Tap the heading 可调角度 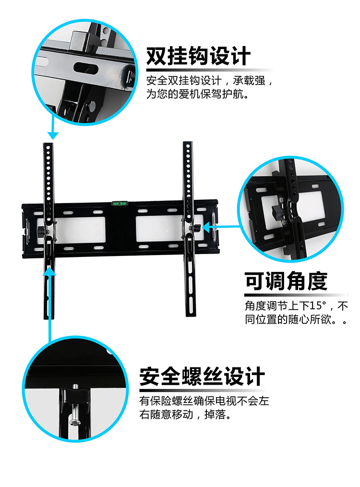click(x=286, y=281)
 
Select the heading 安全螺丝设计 click(x=202, y=376)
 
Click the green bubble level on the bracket click(x=118, y=204)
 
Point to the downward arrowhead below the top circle click(x=53, y=135)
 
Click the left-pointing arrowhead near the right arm click(x=206, y=227)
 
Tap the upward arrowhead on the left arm click(x=49, y=271)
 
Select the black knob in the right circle click(x=277, y=212)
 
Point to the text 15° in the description click(x=317, y=305)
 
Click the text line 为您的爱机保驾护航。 click(x=198, y=94)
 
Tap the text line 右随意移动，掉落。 click(x=185, y=414)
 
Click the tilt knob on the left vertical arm click(x=41, y=231)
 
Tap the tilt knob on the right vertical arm click(x=196, y=227)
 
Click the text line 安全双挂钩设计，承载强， click(x=209, y=80)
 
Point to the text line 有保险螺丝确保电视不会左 click(x=204, y=401)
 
